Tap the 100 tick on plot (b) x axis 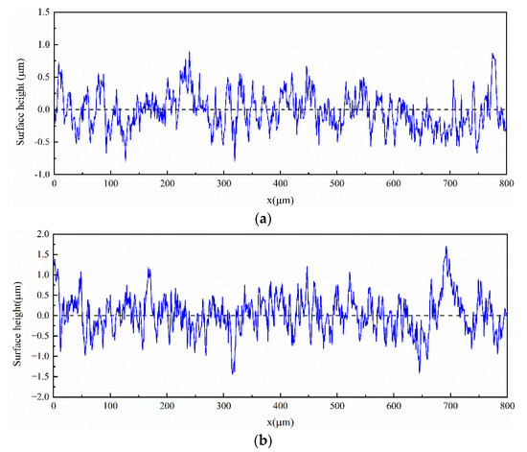point(111,407)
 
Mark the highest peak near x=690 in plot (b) point(446,248)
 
